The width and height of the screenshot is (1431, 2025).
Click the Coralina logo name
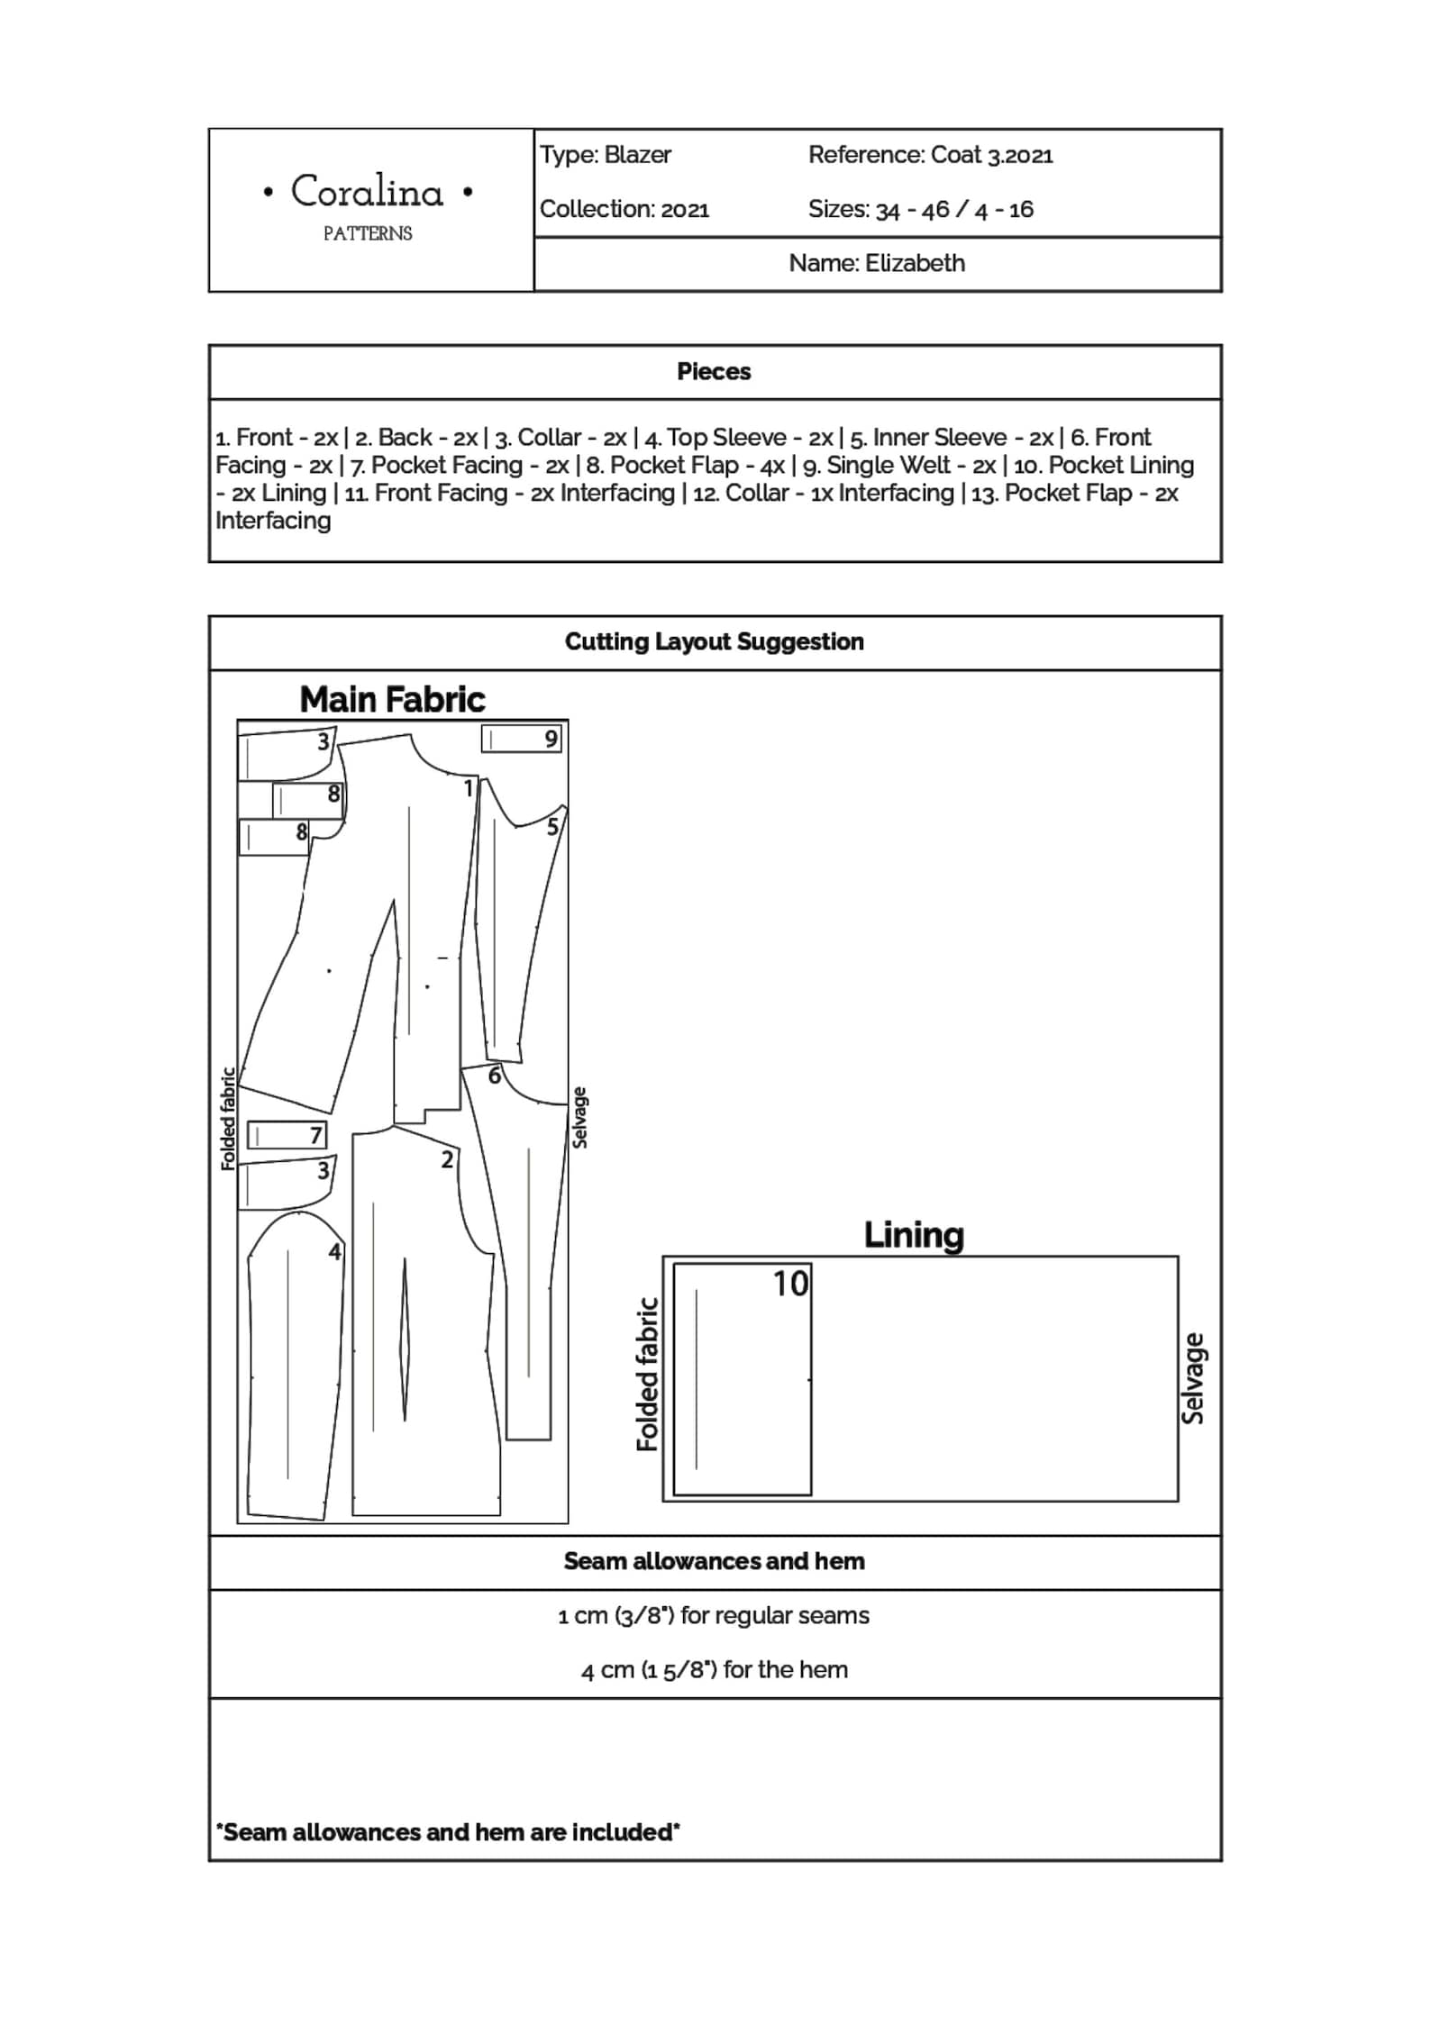[367, 192]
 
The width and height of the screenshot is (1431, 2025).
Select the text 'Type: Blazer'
[605, 155]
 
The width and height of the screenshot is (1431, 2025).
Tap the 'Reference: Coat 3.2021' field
[930, 155]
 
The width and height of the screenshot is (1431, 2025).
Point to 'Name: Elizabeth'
[876, 263]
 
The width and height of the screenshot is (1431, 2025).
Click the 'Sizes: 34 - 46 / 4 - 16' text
[920, 210]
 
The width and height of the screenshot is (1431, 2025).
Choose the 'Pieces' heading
[714, 371]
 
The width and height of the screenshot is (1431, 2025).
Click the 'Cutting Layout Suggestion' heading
[714, 641]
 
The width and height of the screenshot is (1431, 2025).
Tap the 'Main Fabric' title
[392, 699]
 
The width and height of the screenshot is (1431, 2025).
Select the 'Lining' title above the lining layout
[913, 1234]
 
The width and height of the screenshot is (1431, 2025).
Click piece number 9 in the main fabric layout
[551, 739]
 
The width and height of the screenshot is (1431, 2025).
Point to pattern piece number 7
[315, 1135]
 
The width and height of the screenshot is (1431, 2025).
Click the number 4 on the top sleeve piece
[334, 1251]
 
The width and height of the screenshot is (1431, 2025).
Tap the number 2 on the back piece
[447, 1159]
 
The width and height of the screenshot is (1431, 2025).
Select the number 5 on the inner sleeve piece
[552, 827]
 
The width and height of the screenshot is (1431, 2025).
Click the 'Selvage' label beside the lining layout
[1192, 1377]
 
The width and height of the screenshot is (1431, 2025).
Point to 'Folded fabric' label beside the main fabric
[228, 1119]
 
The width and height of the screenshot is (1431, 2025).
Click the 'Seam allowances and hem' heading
[714, 1561]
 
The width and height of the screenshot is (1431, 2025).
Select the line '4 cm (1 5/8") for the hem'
[714, 1669]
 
